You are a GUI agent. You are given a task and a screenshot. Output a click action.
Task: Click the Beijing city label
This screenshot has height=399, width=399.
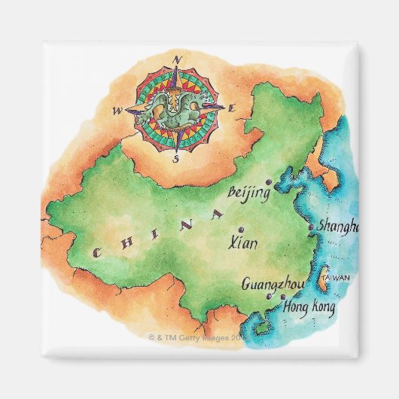(x=249, y=193)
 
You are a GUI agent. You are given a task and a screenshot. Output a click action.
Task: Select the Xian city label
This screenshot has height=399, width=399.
(x=240, y=243)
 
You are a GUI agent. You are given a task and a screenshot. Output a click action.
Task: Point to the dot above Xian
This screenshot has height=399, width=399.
(x=240, y=230)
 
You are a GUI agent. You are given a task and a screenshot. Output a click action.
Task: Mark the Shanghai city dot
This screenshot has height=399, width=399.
(x=311, y=227)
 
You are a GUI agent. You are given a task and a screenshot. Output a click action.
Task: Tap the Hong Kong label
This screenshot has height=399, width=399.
(x=307, y=307)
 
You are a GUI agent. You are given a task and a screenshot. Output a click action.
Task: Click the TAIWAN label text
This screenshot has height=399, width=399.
(x=336, y=279)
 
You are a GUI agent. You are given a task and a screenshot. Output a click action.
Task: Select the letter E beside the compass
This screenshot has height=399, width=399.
(x=232, y=109)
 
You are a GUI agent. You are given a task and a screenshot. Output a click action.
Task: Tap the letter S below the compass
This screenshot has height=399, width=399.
(x=175, y=159)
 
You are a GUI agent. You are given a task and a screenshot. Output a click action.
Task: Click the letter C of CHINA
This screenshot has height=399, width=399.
(x=97, y=254)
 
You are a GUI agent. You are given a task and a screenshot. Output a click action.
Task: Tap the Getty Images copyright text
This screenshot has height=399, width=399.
(x=200, y=339)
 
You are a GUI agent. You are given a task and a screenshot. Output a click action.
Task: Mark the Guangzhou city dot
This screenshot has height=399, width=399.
(x=268, y=297)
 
